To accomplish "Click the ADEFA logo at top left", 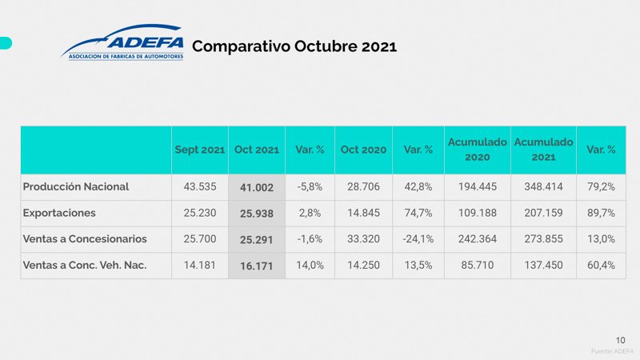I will [x=122, y=43].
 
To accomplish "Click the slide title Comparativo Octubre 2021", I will [x=294, y=46].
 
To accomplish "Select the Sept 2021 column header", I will [x=200, y=150].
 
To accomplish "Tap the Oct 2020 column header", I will [x=363, y=150].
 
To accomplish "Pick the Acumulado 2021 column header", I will [x=543, y=150].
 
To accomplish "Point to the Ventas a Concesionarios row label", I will [x=84, y=238].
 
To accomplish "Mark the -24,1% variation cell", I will [x=418, y=238].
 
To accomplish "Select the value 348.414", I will [x=543, y=186].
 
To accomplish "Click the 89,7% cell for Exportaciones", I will [x=600, y=213].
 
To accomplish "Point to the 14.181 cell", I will [x=200, y=265].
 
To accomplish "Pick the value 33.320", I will [x=363, y=238].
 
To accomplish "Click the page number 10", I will [x=620, y=339].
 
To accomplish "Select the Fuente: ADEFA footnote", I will [x=612, y=351].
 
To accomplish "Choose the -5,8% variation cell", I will [x=310, y=186].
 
